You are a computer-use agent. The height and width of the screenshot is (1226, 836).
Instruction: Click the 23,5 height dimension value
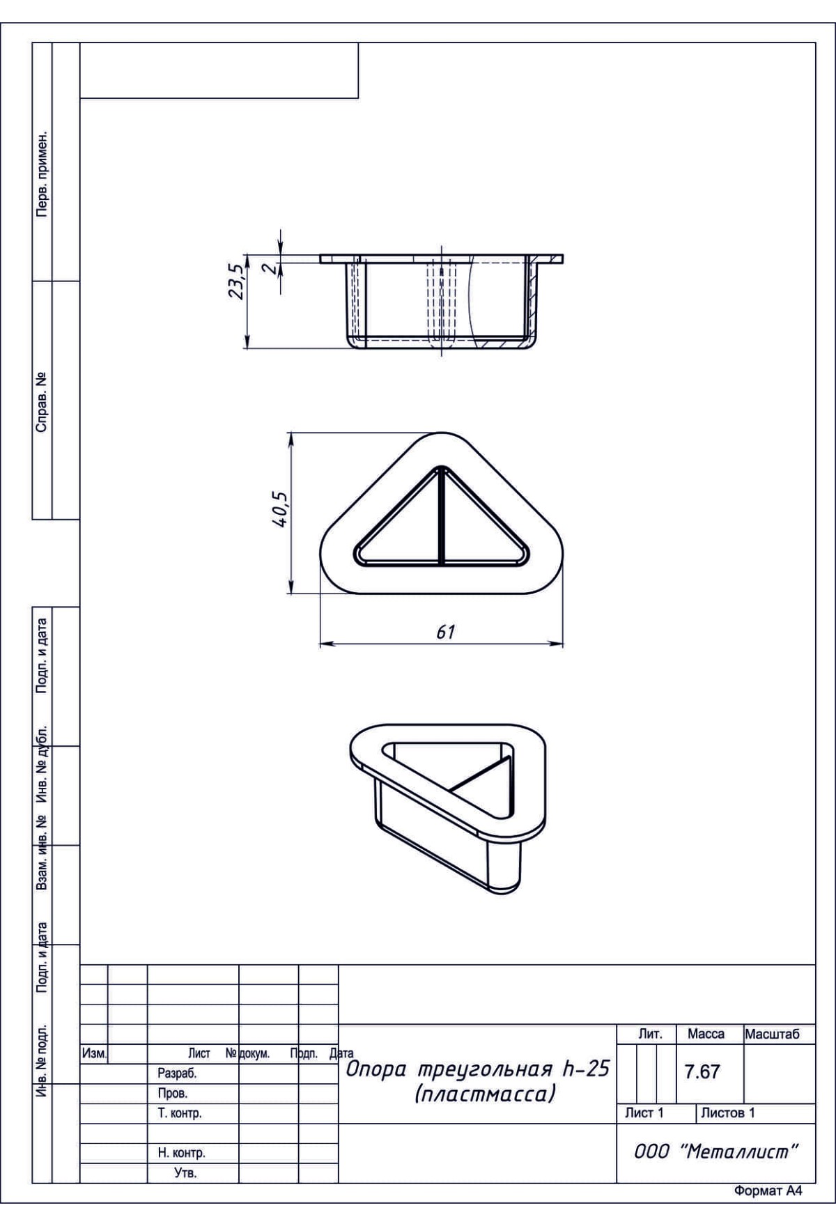(238, 281)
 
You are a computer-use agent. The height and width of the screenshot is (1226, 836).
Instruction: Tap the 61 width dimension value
(445, 632)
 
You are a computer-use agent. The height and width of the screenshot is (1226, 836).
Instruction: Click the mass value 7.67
(702, 1071)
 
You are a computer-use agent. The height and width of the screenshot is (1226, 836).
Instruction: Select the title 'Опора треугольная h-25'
(478, 1069)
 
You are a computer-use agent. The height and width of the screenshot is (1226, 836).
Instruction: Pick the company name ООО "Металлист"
(715, 1151)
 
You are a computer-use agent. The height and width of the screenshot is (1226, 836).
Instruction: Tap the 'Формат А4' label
(768, 1191)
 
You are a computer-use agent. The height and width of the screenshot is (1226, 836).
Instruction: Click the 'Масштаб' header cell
(772, 1034)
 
